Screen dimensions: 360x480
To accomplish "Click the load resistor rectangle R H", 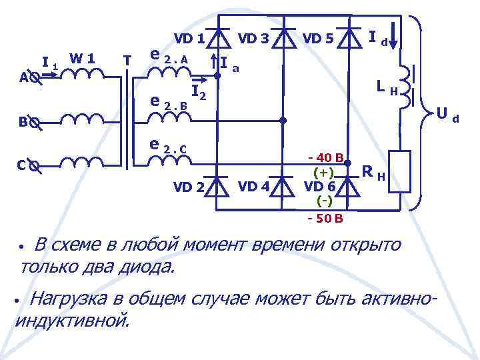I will (400, 172).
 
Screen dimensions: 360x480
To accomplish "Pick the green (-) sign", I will (325, 200).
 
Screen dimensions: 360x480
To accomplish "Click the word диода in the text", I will (149, 267).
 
